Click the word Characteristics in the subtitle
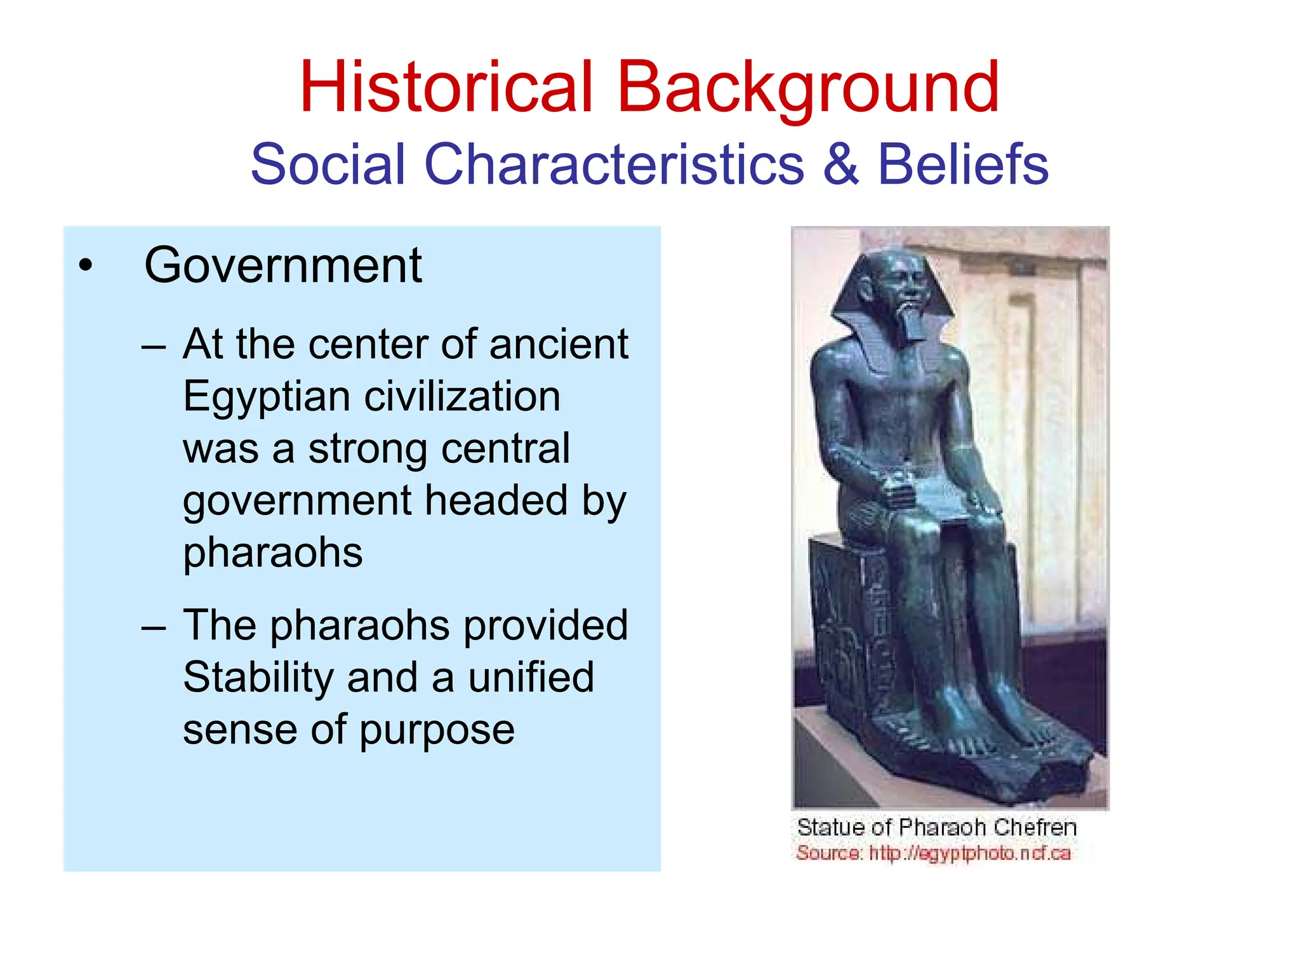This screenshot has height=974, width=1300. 614,164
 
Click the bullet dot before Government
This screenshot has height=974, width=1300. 86,265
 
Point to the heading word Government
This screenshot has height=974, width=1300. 283,265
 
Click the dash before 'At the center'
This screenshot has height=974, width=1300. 154,347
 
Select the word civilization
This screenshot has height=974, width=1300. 462,397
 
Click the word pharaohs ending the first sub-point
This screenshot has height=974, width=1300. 273,552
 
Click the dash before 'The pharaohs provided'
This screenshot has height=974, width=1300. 154,627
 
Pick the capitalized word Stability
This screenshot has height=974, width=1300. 258,677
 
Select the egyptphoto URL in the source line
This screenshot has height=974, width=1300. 969,853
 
